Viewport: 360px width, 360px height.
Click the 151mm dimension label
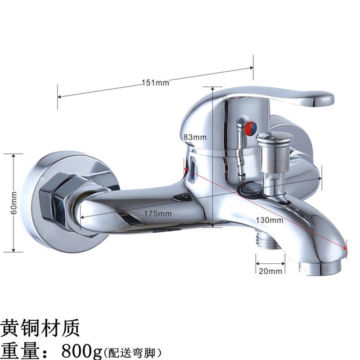point(155,83)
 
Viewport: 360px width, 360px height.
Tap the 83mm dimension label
point(195,137)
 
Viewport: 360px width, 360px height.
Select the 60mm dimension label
point(14,203)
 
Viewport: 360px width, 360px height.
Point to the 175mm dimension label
point(158,214)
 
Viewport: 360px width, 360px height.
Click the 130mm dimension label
point(270,220)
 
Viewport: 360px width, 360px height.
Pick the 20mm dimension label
point(270,271)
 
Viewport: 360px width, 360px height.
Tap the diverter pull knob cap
point(274,138)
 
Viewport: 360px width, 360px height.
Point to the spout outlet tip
point(320,268)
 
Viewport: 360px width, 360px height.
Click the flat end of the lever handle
point(323,99)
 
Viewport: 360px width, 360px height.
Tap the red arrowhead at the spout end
point(344,248)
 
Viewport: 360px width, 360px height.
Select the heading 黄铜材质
point(40,328)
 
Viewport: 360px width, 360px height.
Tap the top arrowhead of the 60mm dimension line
point(14,156)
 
